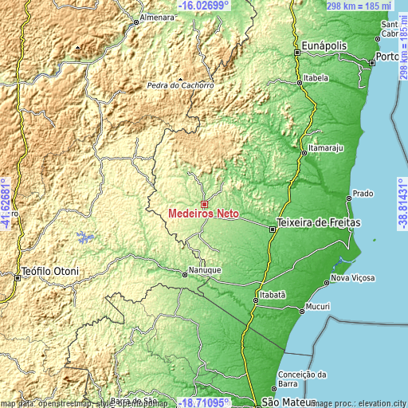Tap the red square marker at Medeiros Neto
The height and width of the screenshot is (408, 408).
pyautogui.click(x=204, y=204)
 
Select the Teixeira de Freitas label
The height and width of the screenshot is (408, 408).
pyautogui.click(x=319, y=222)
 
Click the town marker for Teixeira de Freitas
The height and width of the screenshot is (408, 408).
pyautogui.click(x=273, y=228)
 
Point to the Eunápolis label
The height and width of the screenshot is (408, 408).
pyautogui.click(x=325, y=46)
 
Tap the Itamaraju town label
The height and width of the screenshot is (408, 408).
pyautogui.click(x=324, y=148)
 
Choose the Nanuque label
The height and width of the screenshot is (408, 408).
pyautogui.click(x=206, y=270)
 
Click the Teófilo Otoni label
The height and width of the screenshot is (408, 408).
pyautogui.click(x=51, y=271)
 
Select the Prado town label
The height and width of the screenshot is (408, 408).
pyautogui.click(x=363, y=194)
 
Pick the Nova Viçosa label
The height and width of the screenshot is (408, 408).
pyautogui.click(x=352, y=278)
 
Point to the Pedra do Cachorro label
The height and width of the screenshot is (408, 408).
pyautogui.click(x=181, y=85)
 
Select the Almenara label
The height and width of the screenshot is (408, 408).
pyautogui.click(x=157, y=17)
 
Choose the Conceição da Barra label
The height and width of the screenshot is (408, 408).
pyautogui.click(x=303, y=379)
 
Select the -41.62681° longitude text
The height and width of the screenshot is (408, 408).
pyautogui.click(x=6, y=202)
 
